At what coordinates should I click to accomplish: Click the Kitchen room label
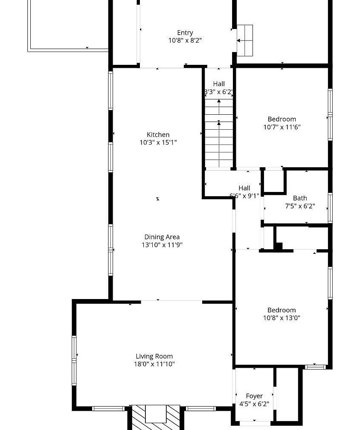pyautogui.click(x=158, y=135)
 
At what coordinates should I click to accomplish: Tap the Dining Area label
pyautogui.click(x=162, y=237)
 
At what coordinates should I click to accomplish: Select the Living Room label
pyautogui.click(x=154, y=356)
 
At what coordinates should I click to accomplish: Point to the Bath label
pyautogui.click(x=300, y=198)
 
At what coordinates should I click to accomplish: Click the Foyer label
pyautogui.click(x=255, y=396)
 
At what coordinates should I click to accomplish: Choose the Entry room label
pyautogui.click(x=185, y=33)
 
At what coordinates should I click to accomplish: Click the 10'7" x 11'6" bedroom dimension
pyautogui.click(x=282, y=127)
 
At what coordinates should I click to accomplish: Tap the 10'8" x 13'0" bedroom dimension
pyautogui.click(x=282, y=318)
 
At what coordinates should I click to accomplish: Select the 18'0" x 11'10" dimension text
pyautogui.click(x=154, y=364)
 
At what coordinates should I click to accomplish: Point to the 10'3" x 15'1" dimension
pyautogui.click(x=158, y=142)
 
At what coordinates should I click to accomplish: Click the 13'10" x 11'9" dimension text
pyautogui.click(x=162, y=244)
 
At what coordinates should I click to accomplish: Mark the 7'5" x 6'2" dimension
pyautogui.click(x=300, y=206)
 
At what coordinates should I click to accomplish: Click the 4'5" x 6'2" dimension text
pyautogui.click(x=255, y=404)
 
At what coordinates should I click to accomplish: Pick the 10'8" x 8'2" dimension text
pyautogui.click(x=185, y=40)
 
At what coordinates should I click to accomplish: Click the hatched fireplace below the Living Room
pyautogui.click(x=156, y=417)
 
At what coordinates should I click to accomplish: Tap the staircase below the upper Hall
pyautogui.click(x=219, y=133)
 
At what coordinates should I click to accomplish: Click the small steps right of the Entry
pyautogui.click(x=244, y=41)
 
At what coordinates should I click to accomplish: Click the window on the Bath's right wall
pyautogui.click(x=330, y=208)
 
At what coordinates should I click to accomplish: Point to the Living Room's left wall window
pyautogui.click(x=74, y=360)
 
